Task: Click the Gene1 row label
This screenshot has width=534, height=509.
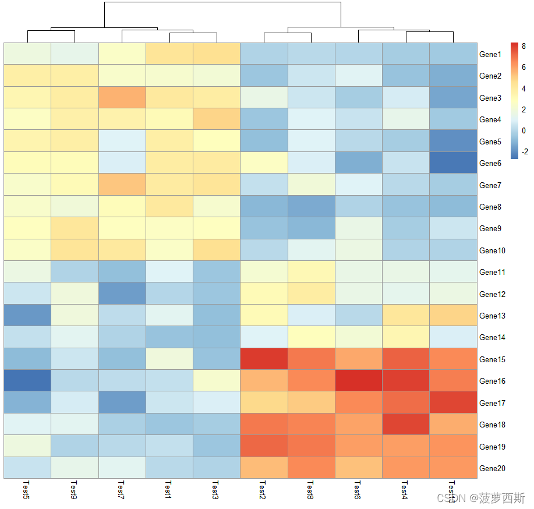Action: coord(490,54)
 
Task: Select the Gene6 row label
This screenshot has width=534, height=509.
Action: coord(490,163)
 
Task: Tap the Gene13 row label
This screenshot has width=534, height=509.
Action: coord(491,316)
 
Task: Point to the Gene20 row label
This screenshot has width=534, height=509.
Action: coord(491,468)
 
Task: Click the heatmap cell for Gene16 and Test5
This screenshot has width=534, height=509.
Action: coord(27,381)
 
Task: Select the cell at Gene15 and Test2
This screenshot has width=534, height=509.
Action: coord(264,359)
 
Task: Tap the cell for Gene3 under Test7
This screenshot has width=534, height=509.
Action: coord(122,97)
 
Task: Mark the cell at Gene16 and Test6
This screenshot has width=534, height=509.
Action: coord(358,381)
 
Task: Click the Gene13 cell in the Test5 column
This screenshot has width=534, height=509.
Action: coord(27,315)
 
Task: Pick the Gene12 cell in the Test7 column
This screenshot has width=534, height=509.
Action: coord(122,294)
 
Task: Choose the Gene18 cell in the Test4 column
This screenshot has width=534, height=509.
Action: coord(405,425)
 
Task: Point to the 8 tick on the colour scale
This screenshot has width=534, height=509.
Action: coord(524,47)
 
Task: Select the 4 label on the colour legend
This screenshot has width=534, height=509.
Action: coord(524,89)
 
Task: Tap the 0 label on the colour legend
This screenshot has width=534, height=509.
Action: coord(524,130)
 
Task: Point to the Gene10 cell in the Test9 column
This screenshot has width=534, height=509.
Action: coord(75,250)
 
